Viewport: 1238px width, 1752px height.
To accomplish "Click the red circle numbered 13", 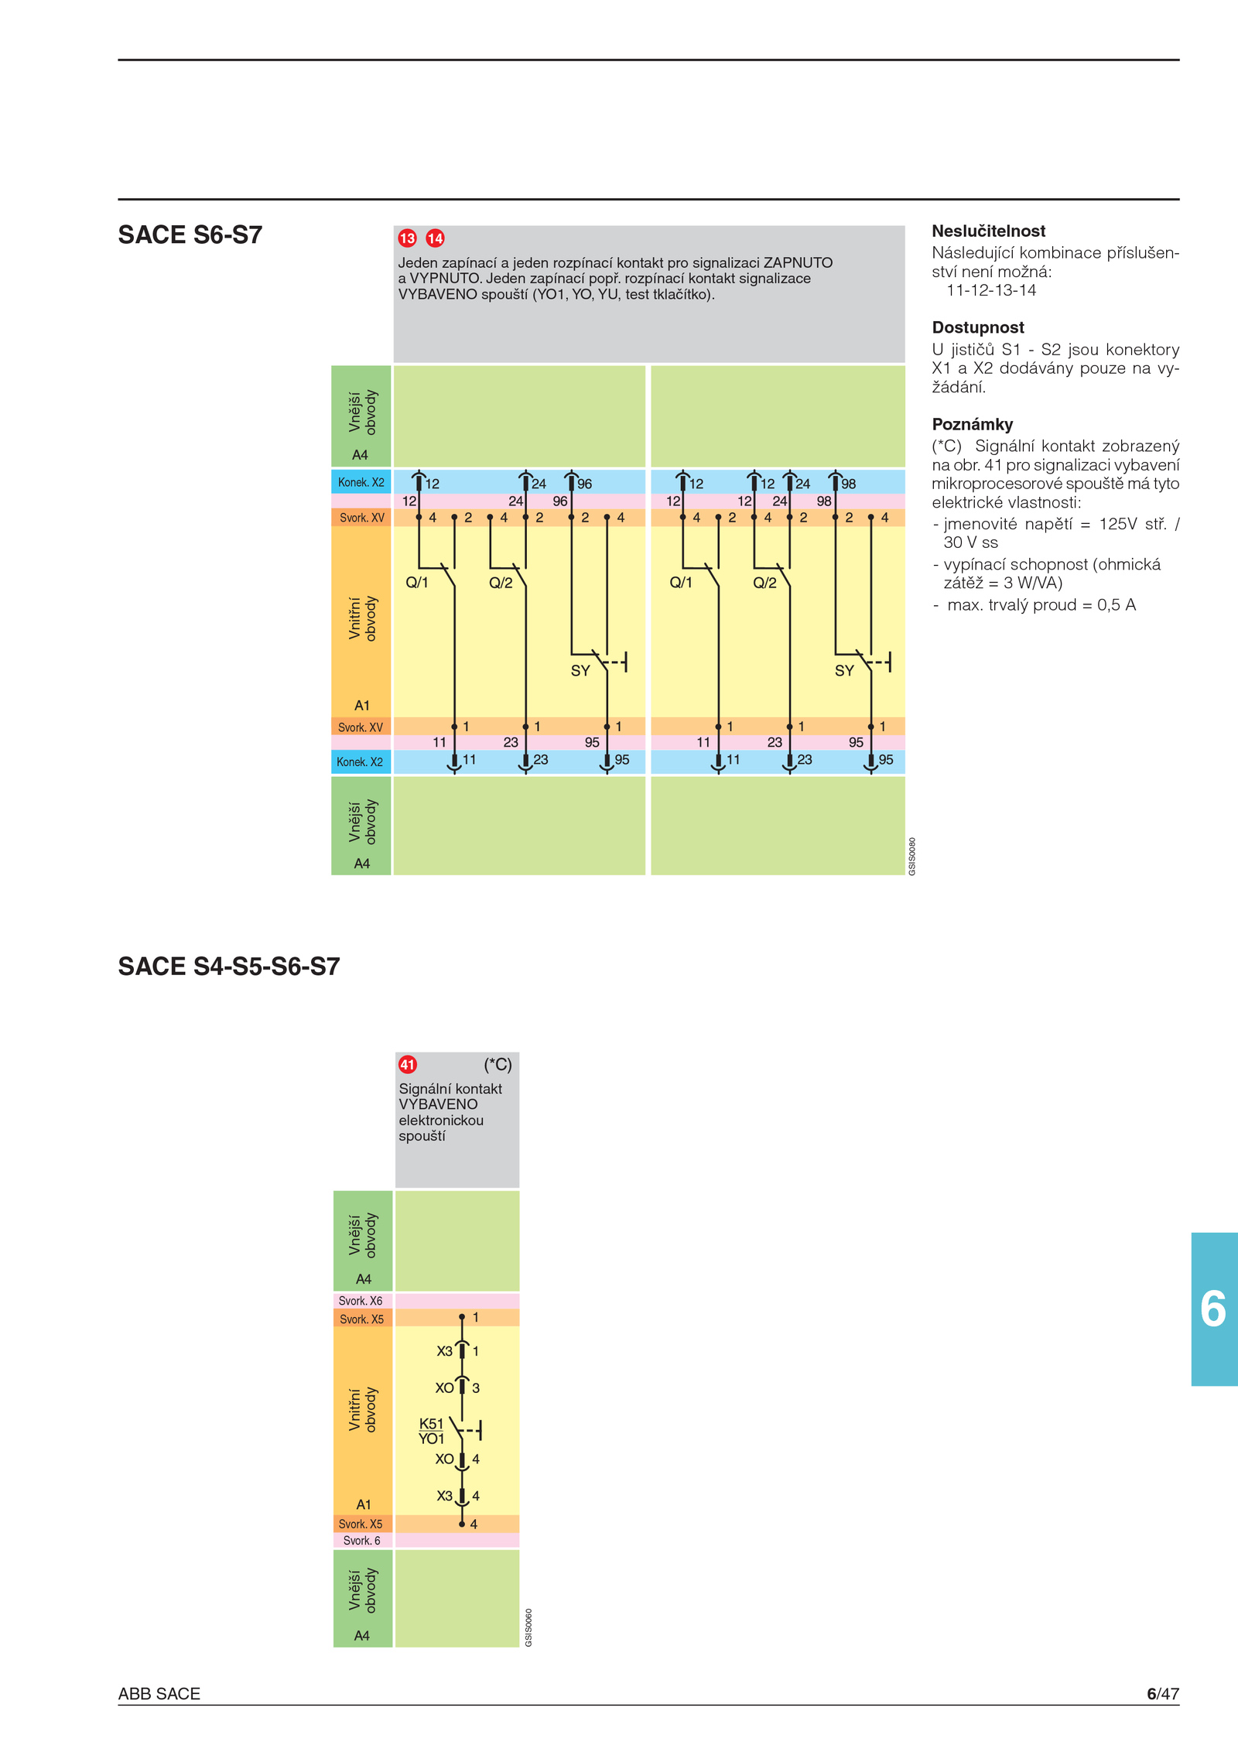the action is pyautogui.click(x=407, y=238).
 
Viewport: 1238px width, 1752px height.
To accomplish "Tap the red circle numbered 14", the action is pyautogui.click(x=435, y=238).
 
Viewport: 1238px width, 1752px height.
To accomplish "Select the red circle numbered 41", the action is pyautogui.click(x=408, y=1065).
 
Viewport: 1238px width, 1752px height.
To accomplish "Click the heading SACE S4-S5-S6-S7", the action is pyautogui.click(x=229, y=967).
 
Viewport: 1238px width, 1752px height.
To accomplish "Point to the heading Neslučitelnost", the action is pyautogui.click(x=988, y=231).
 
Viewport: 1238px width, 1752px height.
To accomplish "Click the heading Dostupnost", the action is pyautogui.click(x=978, y=327).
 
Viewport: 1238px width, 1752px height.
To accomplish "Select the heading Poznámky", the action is pyautogui.click(x=972, y=424).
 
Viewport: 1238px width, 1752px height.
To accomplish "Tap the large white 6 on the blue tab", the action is pyautogui.click(x=1212, y=1309).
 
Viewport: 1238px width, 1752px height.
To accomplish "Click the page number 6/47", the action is pyautogui.click(x=1163, y=1694).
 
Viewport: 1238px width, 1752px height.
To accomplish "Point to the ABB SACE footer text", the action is pyautogui.click(x=159, y=1694).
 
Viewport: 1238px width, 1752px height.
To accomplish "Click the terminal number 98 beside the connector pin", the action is pyautogui.click(x=849, y=484).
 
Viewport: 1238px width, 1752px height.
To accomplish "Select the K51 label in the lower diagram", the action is pyautogui.click(x=431, y=1424).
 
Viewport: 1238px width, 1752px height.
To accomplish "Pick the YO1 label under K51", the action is pyautogui.click(x=431, y=1439).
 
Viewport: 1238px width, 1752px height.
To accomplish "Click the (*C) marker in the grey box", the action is pyautogui.click(x=498, y=1065).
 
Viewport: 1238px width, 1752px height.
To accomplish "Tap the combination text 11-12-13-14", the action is pyautogui.click(x=991, y=290).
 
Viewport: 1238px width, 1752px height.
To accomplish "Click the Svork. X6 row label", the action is pyautogui.click(x=361, y=1301).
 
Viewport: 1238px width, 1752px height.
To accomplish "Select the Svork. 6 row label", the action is pyautogui.click(x=361, y=1540).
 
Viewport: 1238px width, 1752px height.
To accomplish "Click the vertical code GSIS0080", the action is pyautogui.click(x=911, y=856).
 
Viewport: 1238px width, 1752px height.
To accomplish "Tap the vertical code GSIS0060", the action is pyautogui.click(x=528, y=1627).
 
